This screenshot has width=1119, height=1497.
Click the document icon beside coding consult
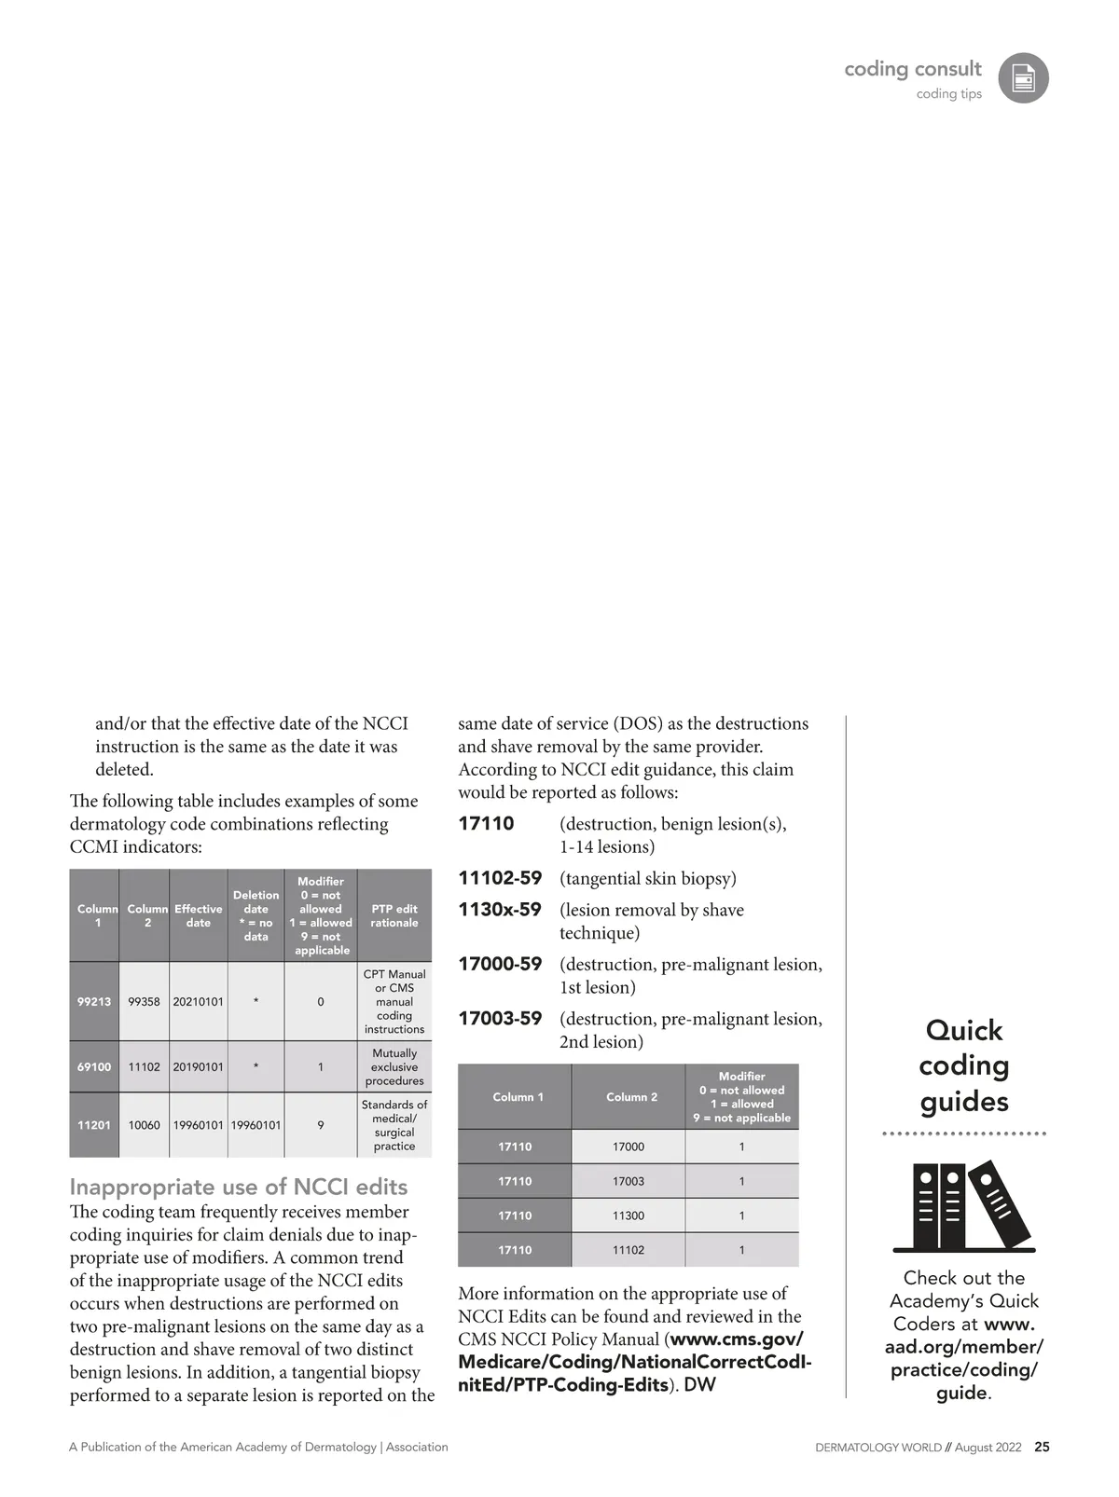[x=1023, y=78]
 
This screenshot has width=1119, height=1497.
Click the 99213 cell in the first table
[x=94, y=1002]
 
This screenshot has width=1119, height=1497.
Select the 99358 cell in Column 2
[x=144, y=1002]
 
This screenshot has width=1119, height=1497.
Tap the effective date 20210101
[x=198, y=1002]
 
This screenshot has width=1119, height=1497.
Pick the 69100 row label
[x=94, y=1067]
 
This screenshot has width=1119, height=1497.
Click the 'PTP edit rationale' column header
[x=394, y=915]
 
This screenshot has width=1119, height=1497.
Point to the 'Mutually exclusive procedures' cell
[x=394, y=1067]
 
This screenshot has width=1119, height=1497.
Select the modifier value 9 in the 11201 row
[x=321, y=1125]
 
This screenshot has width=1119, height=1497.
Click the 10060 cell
[x=144, y=1125]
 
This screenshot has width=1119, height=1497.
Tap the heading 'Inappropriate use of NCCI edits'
[x=239, y=1187]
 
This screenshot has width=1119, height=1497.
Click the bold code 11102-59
[x=500, y=878]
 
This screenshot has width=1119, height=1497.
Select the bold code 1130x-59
[x=500, y=910]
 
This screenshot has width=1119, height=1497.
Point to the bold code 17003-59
[x=500, y=1019]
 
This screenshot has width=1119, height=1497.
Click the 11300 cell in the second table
[x=628, y=1215]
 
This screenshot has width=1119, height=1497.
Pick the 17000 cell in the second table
[x=628, y=1147]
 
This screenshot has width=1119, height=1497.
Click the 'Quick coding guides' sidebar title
[x=964, y=1065]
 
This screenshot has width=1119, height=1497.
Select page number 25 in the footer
[x=1042, y=1448]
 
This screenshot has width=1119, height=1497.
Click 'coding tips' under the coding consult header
[x=948, y=94]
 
